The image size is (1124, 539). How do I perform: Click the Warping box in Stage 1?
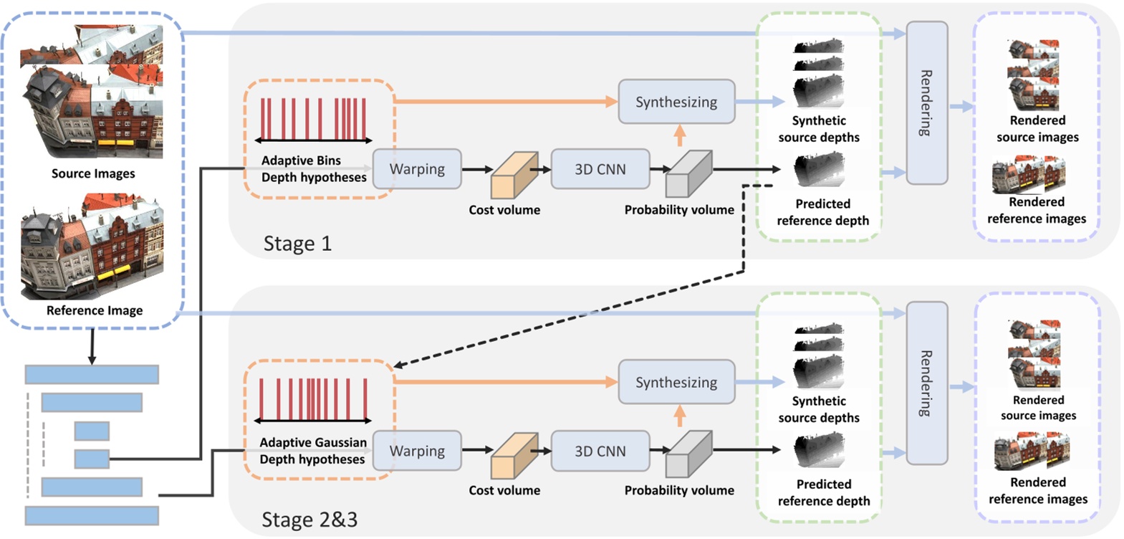pyautogui.click(x=417, y=169)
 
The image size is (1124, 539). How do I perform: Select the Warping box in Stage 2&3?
pyautogui.click(x=417, y=451)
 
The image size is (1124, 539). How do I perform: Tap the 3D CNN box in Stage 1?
pyautogui.click(x=600, y=169)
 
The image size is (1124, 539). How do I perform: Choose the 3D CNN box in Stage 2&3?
pyautogui.click(x=600, y=451)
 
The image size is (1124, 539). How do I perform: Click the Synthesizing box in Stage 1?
pyautogui.click(x=676, y=102)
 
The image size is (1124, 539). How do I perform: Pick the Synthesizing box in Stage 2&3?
pyautogui.click(x=676, y=382)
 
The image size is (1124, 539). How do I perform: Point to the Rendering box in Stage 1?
pyautogui.click(x=926, y=102)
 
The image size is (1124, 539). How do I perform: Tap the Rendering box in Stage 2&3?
pyautogui.click(x=926, y=383)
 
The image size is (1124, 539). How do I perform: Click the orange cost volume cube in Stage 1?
pyautogui.click(x=513, y=176)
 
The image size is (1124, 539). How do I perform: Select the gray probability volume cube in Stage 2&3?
pyautogui.click(x=688, y=455)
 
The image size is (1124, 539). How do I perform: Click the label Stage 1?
pyautogui.click(x=297, y=244)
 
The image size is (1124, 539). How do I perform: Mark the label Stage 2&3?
pyautogui.click(x=309, y=519)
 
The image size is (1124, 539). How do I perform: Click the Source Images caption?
pyautogui.click(x=93, y=173)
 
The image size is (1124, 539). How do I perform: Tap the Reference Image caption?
pyautogui.click(x=95, y=310)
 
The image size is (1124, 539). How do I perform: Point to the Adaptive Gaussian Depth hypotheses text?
pyautogui.click(x=312, y=451)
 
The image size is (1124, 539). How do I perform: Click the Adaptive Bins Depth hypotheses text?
pyautogui.click(x=313, y=169)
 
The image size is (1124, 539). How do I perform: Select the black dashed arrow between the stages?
pyautogui.click(x=573, y=316)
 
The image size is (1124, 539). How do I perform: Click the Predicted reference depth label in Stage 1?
pyautogui.click(x=822, y=212)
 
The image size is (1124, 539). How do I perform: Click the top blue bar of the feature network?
pyautogui.click(x=92, y=374)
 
